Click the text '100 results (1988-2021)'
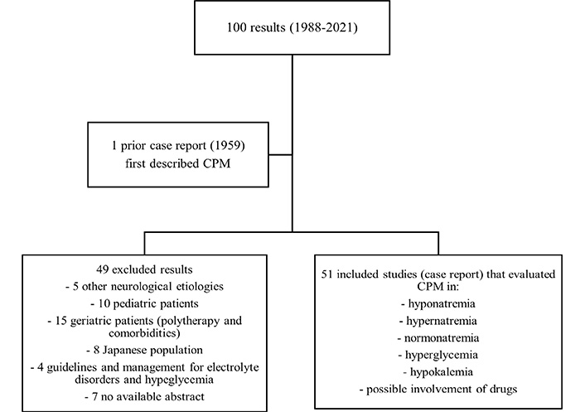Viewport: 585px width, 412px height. [x=292, y=27]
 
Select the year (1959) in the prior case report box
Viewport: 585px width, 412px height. [x=228, y=145]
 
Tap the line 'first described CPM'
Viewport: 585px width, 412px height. [x=178, y=163]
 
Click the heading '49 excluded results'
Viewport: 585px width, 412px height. [x=144, y=269]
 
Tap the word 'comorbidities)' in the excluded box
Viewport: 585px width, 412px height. [x=144, y=332]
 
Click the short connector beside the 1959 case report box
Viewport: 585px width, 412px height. [x=280, y=154]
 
